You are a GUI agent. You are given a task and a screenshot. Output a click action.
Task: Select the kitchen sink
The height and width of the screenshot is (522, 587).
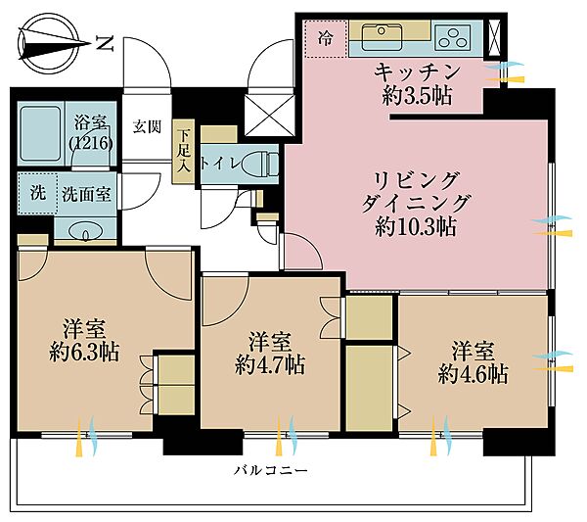point(384,38)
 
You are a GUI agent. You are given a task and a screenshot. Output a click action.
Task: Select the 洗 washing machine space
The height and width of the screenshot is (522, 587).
point(35,193)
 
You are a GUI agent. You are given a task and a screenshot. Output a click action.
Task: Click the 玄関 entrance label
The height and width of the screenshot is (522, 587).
point(147,126)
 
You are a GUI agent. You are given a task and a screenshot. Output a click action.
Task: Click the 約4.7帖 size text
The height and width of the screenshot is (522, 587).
point(269,365)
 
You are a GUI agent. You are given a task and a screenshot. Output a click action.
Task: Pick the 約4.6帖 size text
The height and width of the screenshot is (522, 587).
point(473,373)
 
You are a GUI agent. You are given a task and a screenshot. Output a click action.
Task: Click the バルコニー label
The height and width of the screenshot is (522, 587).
point(271,470)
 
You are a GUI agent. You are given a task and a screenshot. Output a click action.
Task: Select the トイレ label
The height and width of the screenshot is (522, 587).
point(216,163)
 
